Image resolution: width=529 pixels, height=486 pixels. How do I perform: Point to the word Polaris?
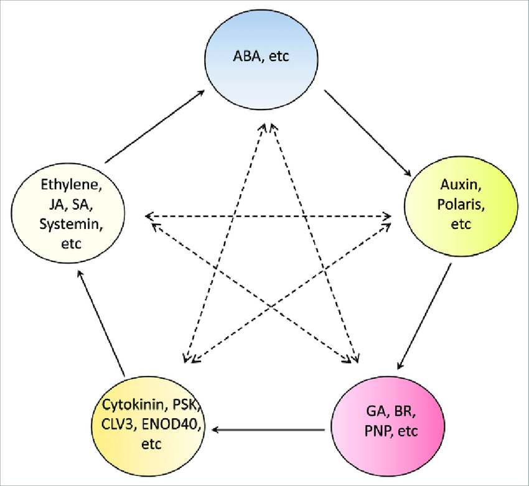461,204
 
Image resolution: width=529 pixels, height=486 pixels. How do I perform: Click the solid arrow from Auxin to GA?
424,316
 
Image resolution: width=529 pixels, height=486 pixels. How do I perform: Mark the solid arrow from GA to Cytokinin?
269,429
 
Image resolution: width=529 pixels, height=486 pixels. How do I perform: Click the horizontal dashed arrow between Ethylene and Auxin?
268,217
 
